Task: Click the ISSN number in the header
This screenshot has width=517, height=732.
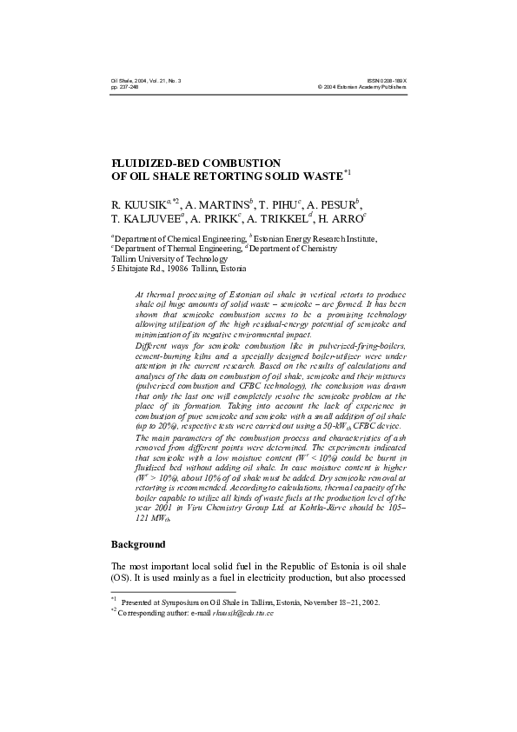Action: pos(388,80)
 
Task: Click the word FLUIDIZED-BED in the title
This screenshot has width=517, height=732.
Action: pos(156,163)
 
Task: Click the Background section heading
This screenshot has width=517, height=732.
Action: pos(137,545)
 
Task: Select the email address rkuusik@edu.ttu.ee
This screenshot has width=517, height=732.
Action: pos(248,614)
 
